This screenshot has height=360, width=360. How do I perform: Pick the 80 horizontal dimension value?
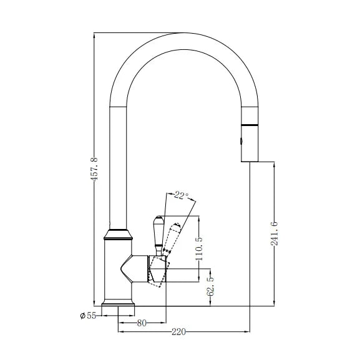tap(142, 323)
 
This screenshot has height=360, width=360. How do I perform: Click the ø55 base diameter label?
tap(87, 316)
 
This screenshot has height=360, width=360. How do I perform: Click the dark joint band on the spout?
tap(249, 121)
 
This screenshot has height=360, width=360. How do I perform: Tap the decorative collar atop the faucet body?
tap(118, 235)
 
